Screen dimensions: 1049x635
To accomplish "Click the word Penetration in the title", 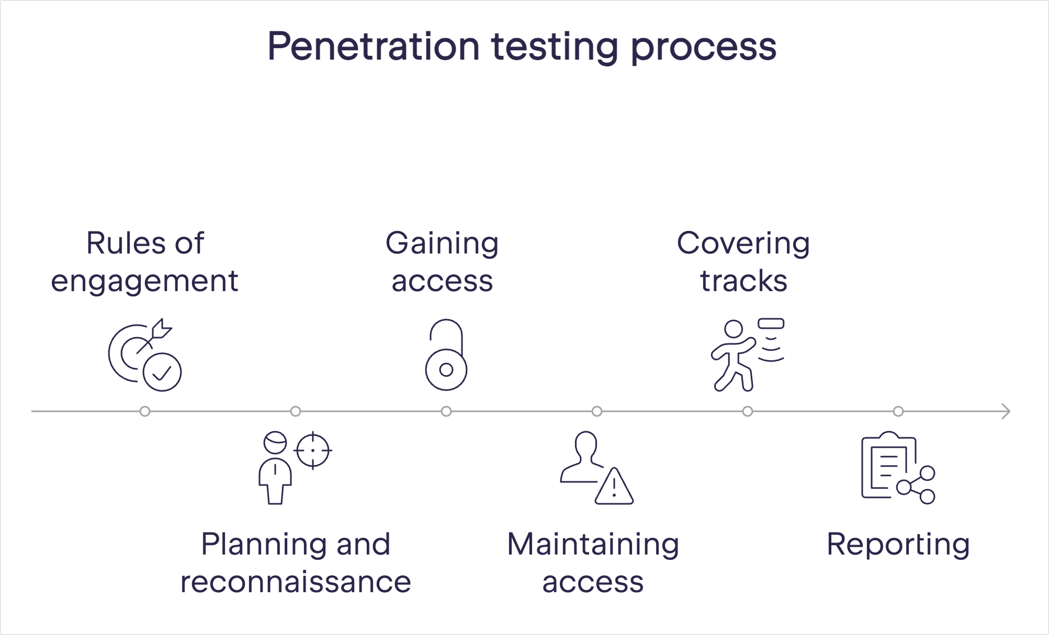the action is [373, 47].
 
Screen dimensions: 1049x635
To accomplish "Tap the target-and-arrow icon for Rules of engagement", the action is [145, 354].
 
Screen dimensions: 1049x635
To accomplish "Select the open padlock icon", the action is [446, 354].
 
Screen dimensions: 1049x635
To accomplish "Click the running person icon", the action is [747, 354].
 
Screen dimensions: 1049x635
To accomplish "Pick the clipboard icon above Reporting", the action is [898, 467].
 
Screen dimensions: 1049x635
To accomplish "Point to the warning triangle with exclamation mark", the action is [614, 486].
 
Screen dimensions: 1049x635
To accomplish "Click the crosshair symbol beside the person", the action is [313, 451].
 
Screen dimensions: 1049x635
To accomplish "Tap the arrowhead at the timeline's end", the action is [1006, 411].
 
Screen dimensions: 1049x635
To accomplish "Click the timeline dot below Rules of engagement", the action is [145, 411].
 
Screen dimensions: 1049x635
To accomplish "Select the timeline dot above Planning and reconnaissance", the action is [296, 411].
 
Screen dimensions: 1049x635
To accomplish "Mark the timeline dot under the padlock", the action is [446, 411].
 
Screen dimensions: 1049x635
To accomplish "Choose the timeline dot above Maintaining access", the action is [597, 411].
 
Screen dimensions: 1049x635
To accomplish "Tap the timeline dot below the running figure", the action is [748, 411].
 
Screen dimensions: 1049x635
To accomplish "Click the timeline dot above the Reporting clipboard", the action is [898, 411].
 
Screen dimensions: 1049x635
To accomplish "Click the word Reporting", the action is [898, 545].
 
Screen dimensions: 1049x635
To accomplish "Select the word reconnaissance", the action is [296, 582].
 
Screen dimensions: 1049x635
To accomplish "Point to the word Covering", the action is [743, 244].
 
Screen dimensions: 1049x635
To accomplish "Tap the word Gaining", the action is [442, 244].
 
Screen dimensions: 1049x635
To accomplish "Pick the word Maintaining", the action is [593, 545].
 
